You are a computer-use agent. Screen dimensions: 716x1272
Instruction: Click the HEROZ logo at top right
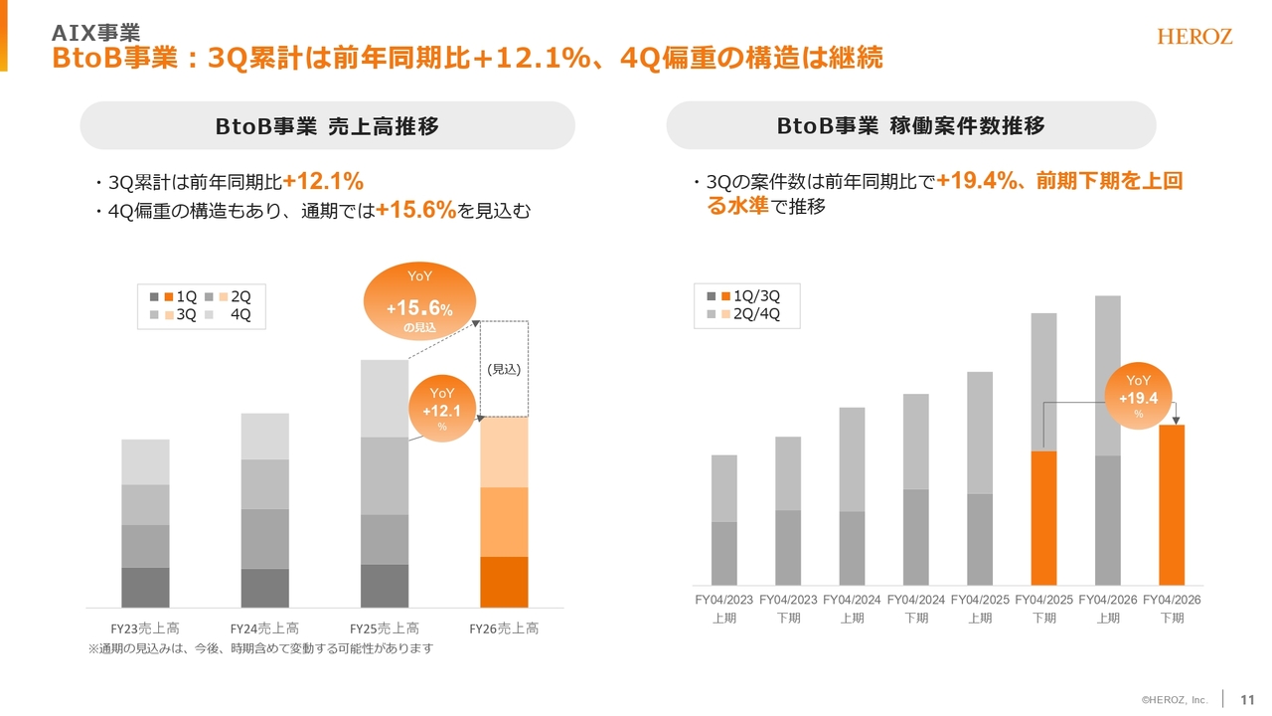click(1194, 37)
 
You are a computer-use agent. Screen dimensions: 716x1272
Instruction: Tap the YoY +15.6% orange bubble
click(419, 302)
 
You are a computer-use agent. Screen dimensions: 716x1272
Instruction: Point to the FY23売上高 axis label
click(145, 628)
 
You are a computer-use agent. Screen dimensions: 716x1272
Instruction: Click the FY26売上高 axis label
click(504, 628)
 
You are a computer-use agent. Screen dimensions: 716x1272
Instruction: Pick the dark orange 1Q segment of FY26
click(504, 582)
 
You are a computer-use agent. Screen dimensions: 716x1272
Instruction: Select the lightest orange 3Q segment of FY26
click(504, 452)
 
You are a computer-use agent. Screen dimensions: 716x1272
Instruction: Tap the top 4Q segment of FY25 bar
click(384, 398)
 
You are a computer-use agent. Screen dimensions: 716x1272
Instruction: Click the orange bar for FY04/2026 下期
click(1172, 505)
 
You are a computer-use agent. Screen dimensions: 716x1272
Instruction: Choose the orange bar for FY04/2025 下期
click(1043, 518)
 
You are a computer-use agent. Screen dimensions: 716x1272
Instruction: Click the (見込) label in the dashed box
click(504, 369)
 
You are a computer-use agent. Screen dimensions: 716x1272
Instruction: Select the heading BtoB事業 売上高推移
click(327, 126)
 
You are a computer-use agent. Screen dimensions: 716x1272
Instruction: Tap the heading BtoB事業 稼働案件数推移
click(910, 126)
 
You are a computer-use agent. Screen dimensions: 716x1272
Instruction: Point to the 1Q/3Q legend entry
click(756, 296)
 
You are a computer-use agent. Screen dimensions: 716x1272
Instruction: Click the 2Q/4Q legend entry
click(756, 314)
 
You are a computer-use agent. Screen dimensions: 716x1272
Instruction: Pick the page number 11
click(1248, 699)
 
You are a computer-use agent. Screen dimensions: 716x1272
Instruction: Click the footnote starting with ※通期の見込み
click(261, 648)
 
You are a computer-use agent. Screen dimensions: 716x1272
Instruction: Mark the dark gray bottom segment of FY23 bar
click(145, 587)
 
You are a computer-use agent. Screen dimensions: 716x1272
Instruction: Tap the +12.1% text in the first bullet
click(323, 182)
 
